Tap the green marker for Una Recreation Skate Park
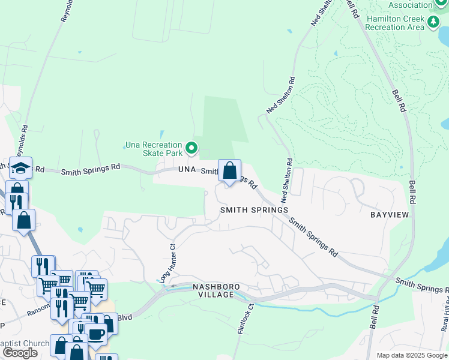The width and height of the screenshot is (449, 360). click(x=191, y=147)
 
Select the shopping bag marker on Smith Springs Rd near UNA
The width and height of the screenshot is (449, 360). click(x=229, y=172)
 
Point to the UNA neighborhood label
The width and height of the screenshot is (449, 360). click(x=187, y=170)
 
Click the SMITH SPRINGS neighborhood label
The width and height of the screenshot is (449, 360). click(x=254, y=210)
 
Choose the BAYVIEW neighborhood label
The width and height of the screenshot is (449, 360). click(x=390, y=214)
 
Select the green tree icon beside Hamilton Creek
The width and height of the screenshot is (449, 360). click(x=433, y=23)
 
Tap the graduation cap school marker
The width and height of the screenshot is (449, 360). click(x=20, y=169)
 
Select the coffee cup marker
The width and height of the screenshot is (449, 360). click(x=95, y=334)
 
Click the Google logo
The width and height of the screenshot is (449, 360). click(x=20, y=353)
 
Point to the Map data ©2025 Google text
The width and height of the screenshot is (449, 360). click(x=411, y=355)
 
